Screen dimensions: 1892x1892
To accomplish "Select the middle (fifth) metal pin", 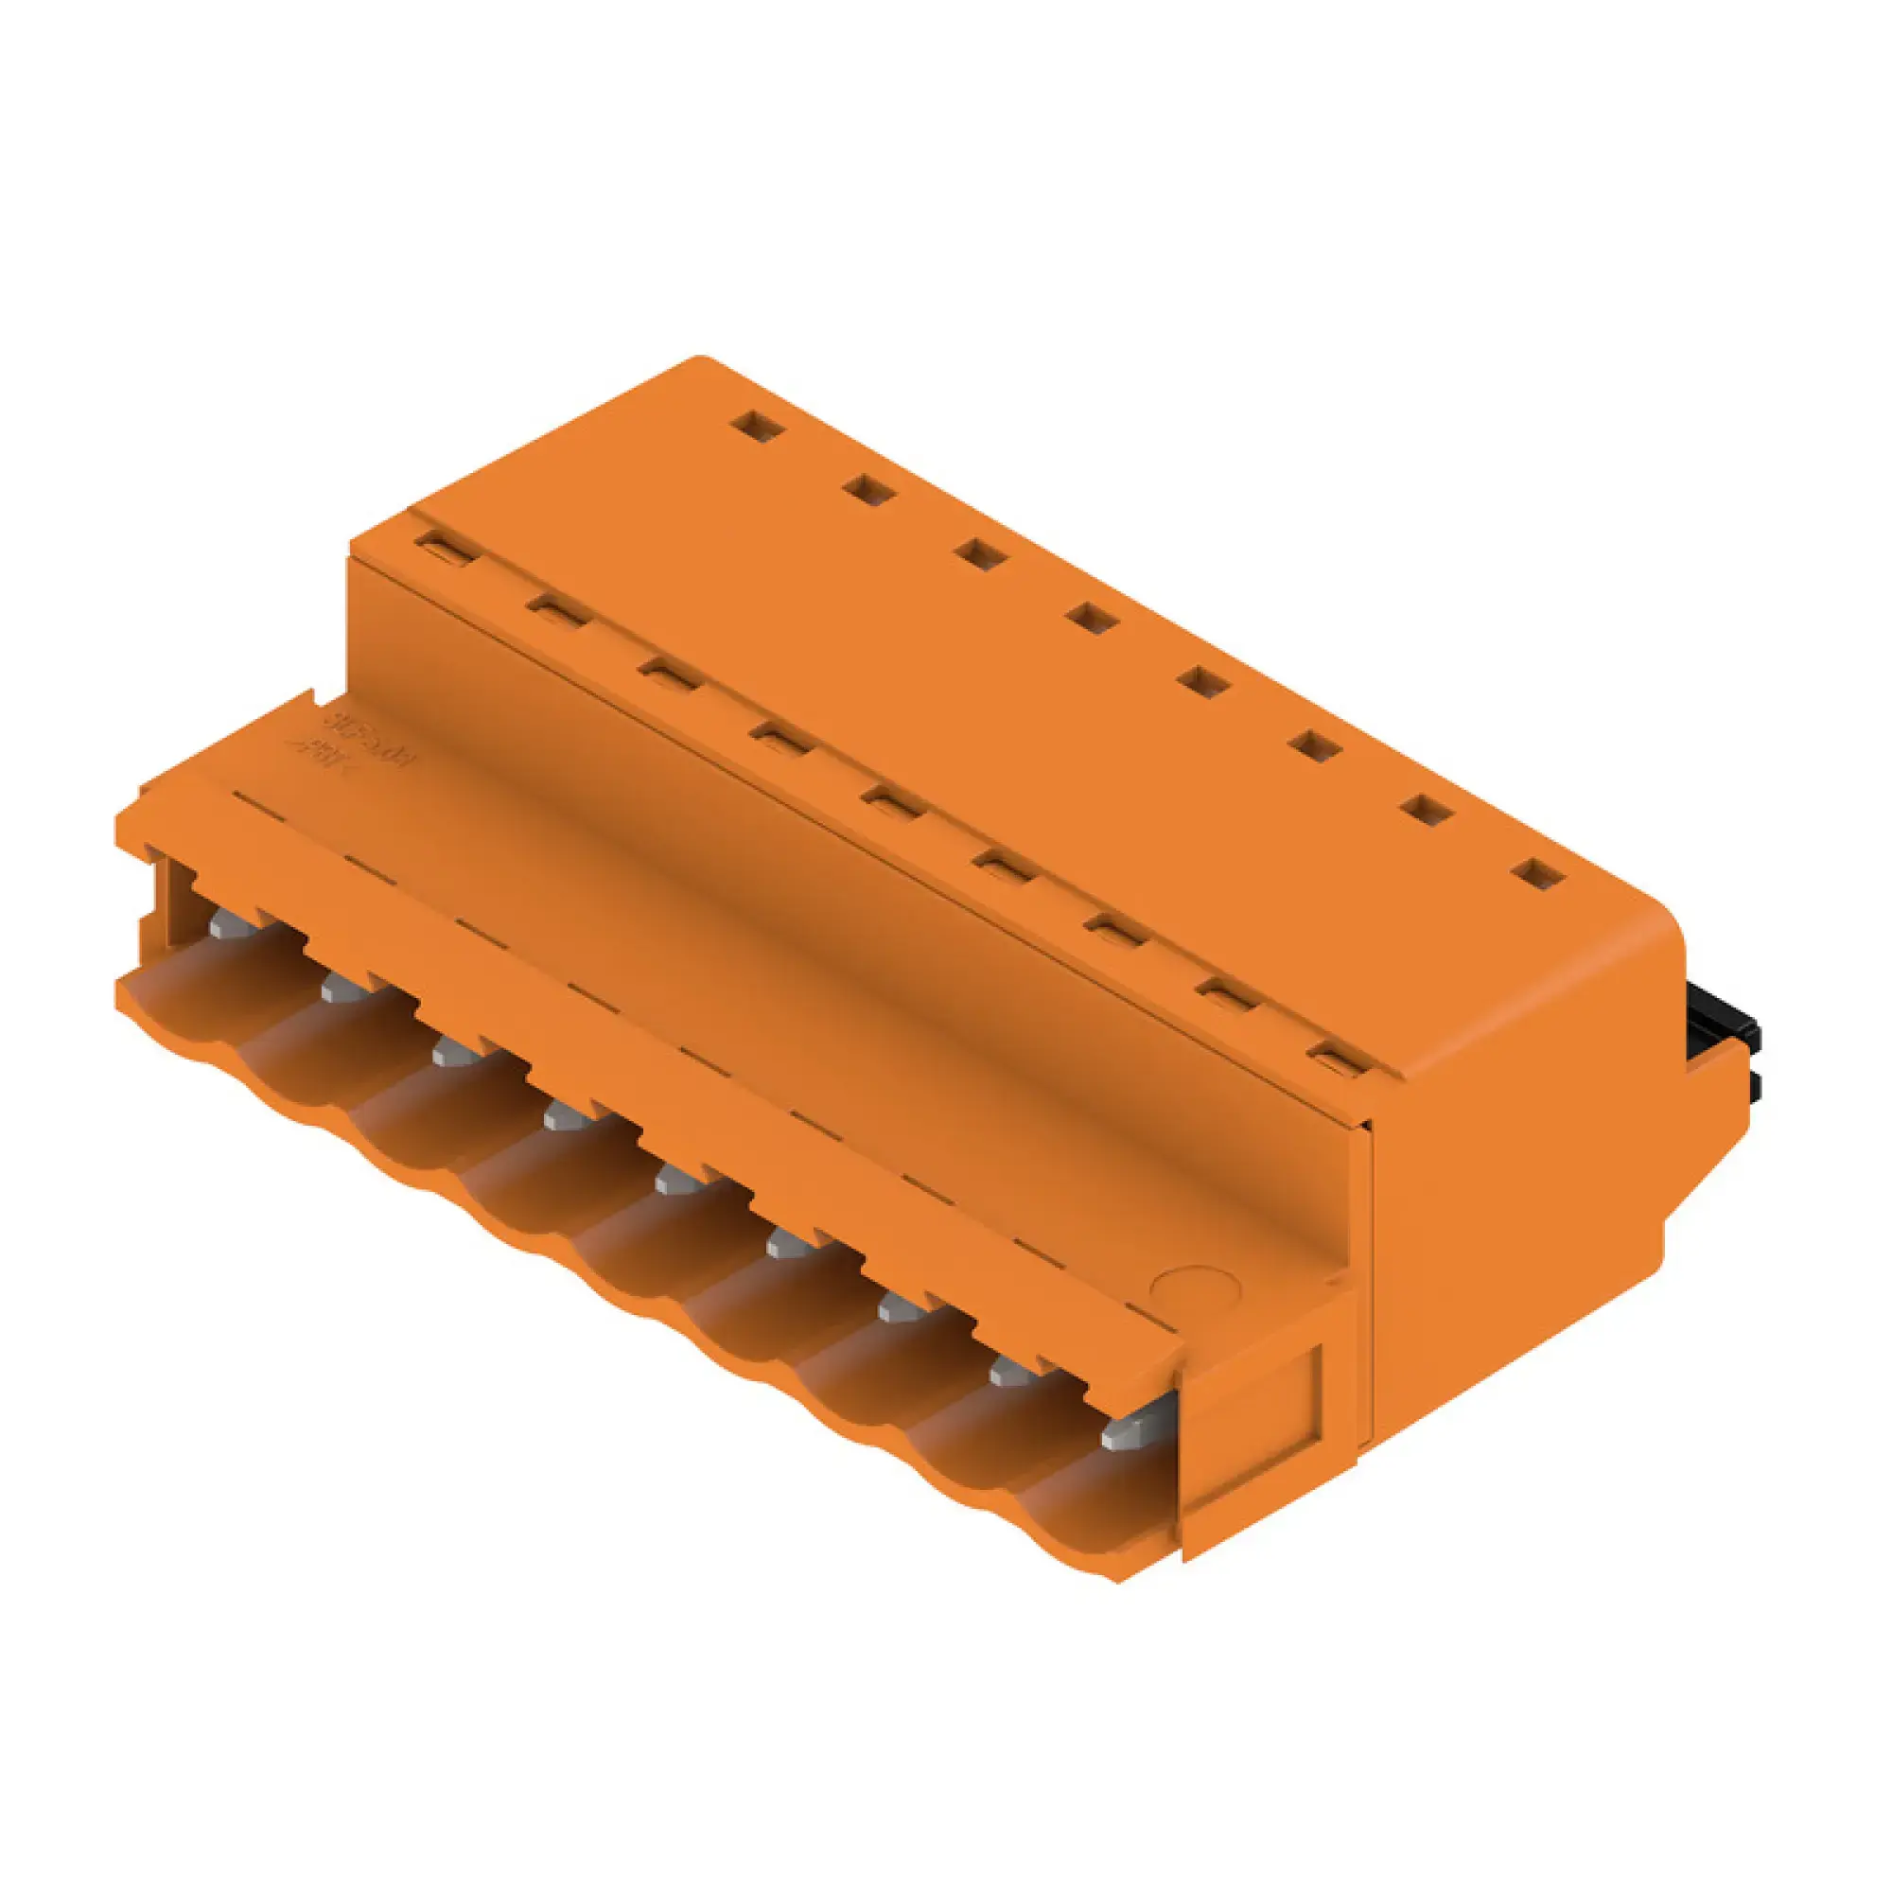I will pos(674,1180).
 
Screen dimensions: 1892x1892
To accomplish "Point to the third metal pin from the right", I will pos(898,1306).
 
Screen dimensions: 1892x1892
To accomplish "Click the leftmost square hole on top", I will pos(758,426).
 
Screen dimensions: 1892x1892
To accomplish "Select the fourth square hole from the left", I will pos(1093,617).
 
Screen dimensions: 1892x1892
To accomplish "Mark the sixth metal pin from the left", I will pos(785,1245).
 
